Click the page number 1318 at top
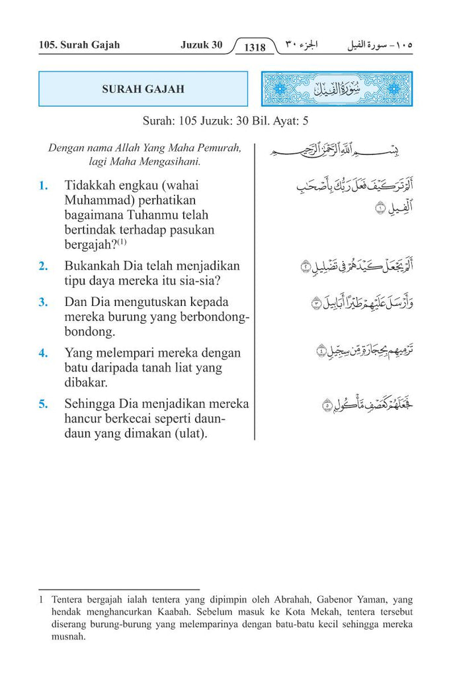tap(255, 47)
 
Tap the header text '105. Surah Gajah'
tap(79, 45)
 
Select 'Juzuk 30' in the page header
tap(201, 45)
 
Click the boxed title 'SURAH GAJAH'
tap(143, 89)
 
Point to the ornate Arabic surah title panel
tap(337, 89)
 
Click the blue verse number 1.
tap(43, 185)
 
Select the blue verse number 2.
tap(43, 266)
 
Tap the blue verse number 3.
tap(43, 302)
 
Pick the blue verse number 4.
tap(43, 353)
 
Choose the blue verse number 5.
tap(43, 404)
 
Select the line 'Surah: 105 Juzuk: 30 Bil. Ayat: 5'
tap(225, 122)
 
